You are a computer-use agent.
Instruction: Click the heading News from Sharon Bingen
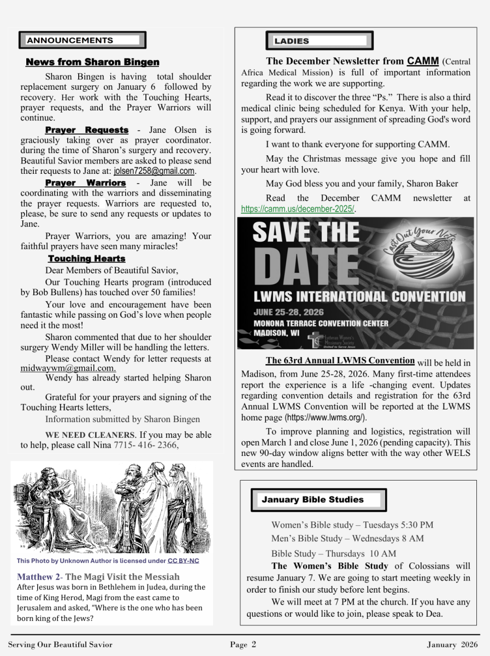pos(93,62)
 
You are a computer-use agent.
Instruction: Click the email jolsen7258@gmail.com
pos(154,171)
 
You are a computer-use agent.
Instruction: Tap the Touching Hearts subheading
pos(86,259)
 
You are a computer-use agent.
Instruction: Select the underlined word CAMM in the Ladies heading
pos(423,61)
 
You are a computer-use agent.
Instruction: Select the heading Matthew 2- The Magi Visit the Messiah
pos(98,577)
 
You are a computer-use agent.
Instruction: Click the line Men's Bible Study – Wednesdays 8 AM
pos(347,538)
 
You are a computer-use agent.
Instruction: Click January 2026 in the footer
pos(453,645)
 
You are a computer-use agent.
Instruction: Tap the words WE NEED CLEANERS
pos(90,435)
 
